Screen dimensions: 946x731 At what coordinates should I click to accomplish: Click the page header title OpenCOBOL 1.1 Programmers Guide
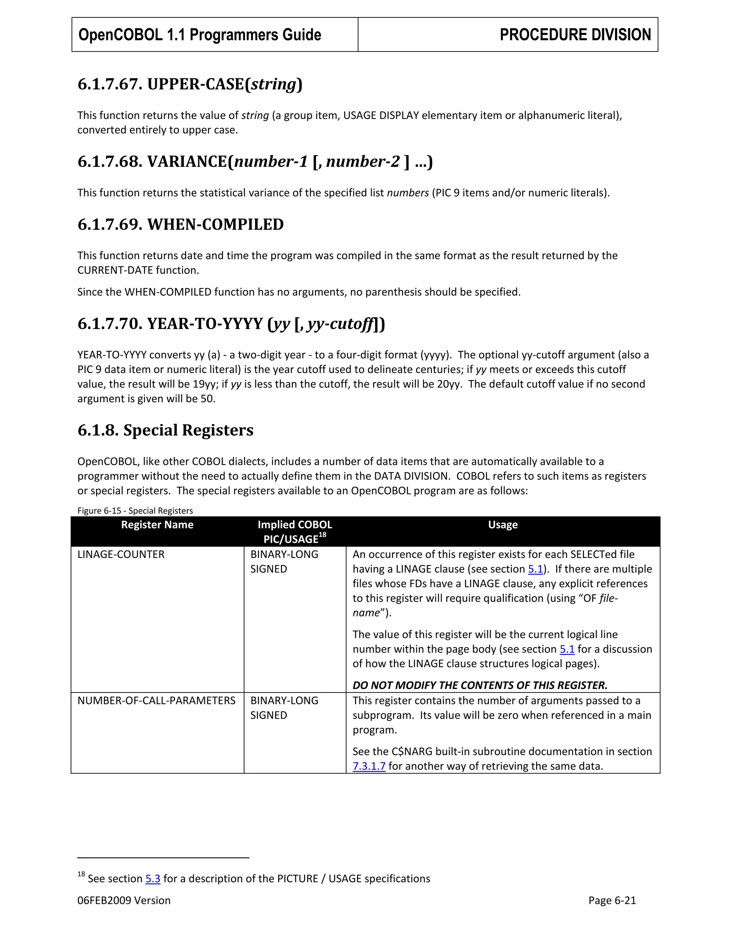(x=200, y=35)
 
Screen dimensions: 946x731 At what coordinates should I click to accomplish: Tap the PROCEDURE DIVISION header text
(x=575, y=35)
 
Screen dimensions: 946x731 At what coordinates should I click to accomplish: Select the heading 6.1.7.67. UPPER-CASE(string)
(x=190, y=84)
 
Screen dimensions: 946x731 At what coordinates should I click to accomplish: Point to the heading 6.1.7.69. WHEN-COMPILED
(x=181, y=225)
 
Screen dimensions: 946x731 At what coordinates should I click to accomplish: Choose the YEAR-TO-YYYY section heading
(x=231, y=323)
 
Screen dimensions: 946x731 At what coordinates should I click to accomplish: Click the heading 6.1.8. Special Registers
(x=165, y=430)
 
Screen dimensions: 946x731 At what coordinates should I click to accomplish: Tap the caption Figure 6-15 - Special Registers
(x=135, y=511)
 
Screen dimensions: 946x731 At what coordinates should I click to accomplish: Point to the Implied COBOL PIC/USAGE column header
(x=294, y=532)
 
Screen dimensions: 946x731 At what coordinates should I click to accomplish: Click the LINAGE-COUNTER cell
(x=121, y=554)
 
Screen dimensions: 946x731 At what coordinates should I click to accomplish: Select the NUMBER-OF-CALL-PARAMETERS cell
(x=156, y=700)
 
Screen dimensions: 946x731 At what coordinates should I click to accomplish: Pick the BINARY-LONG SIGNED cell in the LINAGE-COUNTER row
(x=284, y=562)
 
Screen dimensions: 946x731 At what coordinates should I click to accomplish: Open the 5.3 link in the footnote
(x=153, y=879)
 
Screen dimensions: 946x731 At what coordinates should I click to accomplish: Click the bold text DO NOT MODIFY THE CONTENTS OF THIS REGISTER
(x=480, y=685)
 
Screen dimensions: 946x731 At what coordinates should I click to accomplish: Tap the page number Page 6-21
(x=612, y=901)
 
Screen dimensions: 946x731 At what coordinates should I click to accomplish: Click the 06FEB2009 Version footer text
(x=124, y=901)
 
